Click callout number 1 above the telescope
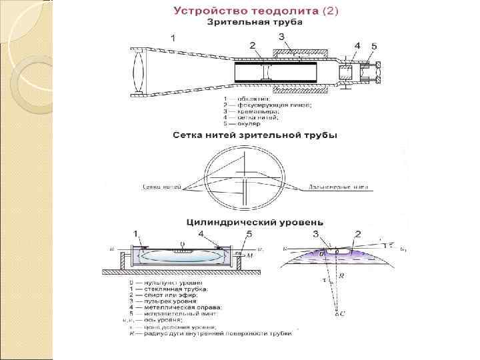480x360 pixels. [x=173, y=39]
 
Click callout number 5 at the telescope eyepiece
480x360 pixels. [x=374, y=46]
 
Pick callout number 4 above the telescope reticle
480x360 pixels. [x=357, y=45]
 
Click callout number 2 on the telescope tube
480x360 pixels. [x=253, y=45]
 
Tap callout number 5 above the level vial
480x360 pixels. [x=249, y=234]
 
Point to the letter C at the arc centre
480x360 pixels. [x=343, y=313]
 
